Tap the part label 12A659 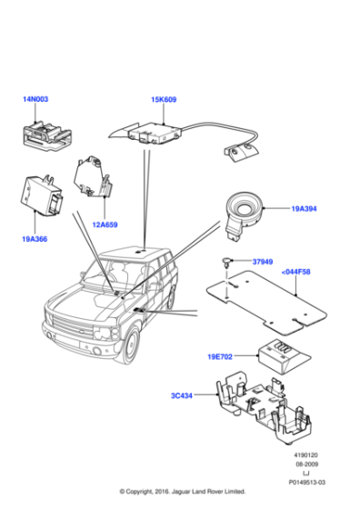[x=105, y=225]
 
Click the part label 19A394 [x=303, y=209]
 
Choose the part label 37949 [x=262, y=263]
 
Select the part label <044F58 [x=295, y=271]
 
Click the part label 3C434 [x=183, y=396]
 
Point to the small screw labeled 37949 [x=224, y=264]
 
